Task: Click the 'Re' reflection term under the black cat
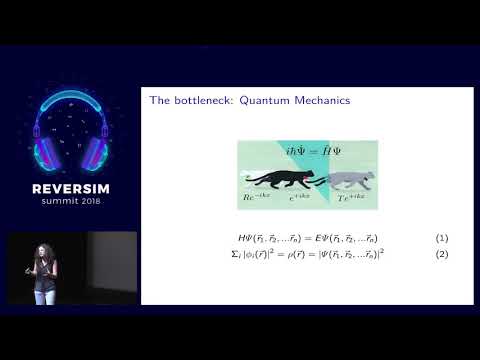point(255,198)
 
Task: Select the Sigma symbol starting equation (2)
point(233,254)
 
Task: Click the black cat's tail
point(251,181)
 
